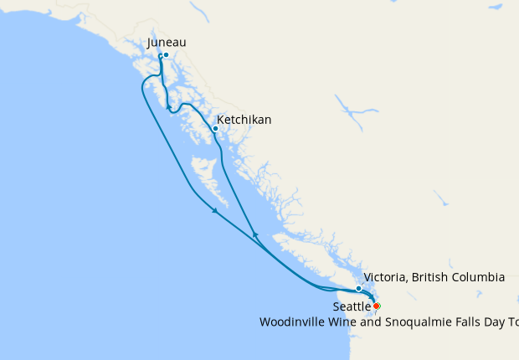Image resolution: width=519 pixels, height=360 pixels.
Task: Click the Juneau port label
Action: click(166, 42)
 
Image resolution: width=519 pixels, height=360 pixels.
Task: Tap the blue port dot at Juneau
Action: click(166, 55)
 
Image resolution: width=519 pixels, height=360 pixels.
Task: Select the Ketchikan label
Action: click(244, 120)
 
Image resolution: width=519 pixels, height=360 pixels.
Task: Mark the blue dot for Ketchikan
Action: click(215, 128)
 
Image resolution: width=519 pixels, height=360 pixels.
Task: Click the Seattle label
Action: click(352, 307)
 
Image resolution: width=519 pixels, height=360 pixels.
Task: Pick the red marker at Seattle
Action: click(376, 306)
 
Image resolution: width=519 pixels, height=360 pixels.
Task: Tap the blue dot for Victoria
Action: click(358, 289)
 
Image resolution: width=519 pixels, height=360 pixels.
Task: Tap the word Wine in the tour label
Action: click(340, 321)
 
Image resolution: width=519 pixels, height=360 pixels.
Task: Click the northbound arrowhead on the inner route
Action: click(255, 234)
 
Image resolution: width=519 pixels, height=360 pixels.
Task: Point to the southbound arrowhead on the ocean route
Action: click(214, 211)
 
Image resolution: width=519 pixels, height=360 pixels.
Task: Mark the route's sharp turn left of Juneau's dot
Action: click(159, 56)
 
